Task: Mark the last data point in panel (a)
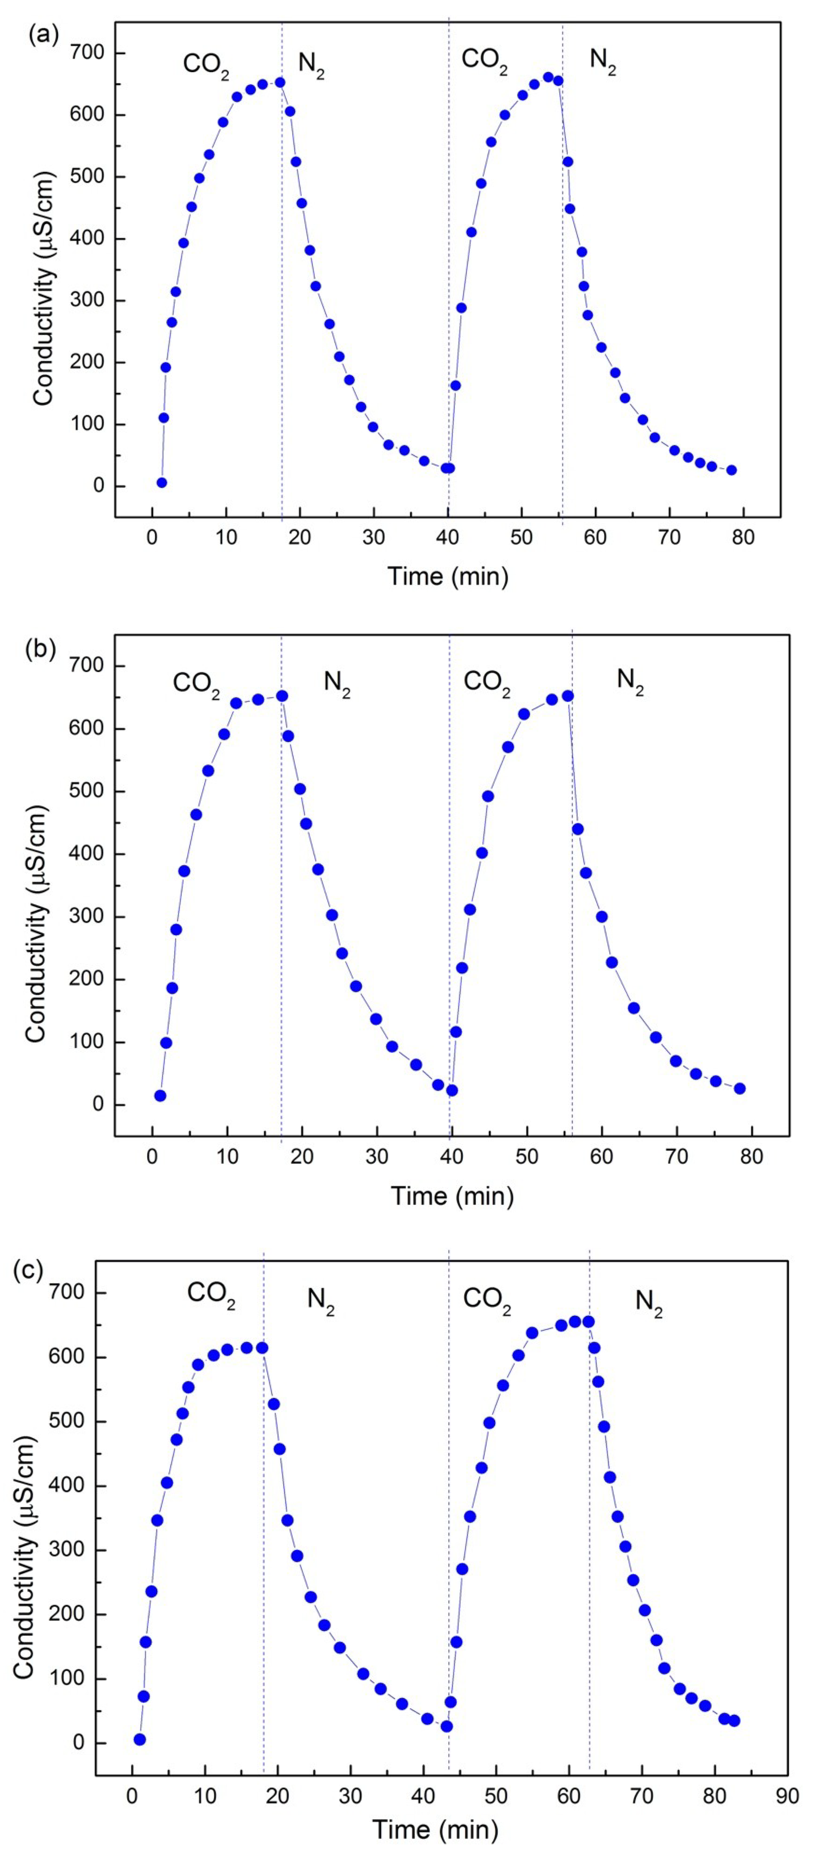(731, 470)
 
